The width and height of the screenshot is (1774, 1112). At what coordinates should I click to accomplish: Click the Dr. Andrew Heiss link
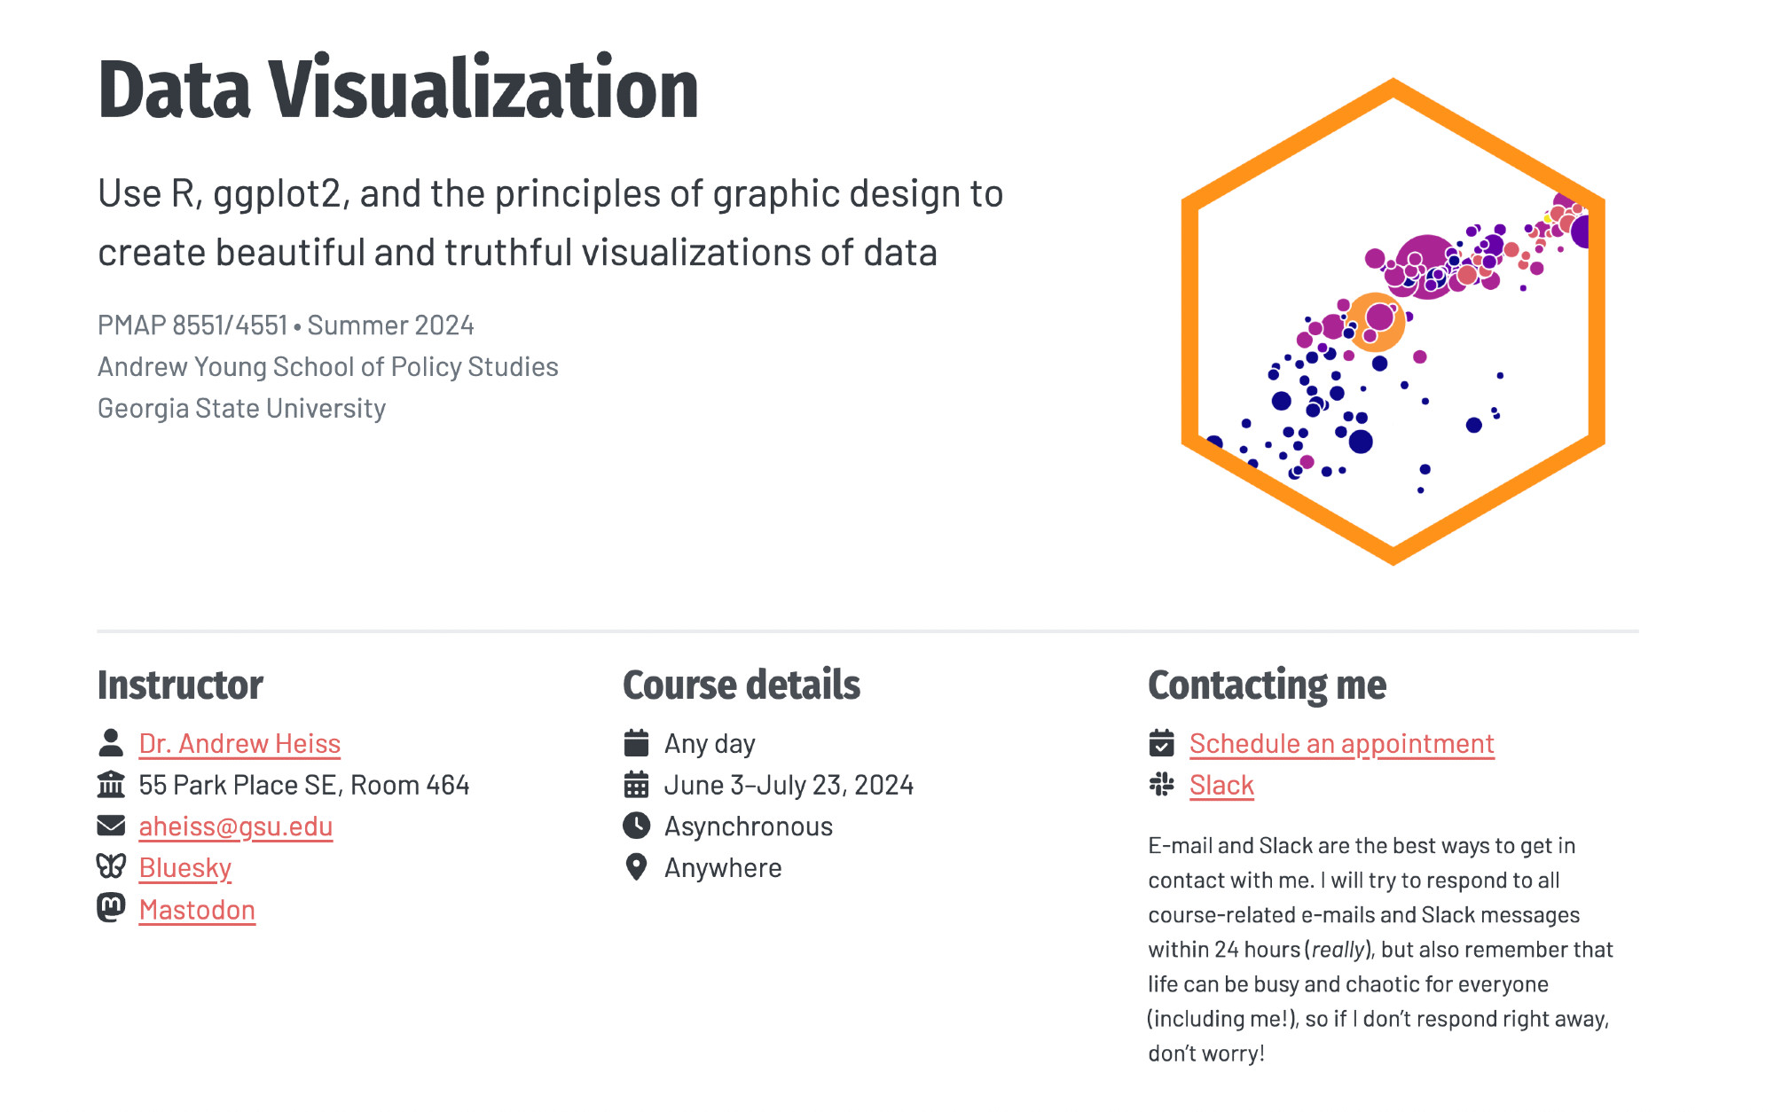(x=239, y=743)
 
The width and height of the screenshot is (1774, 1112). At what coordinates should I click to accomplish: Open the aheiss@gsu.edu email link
(x=236, y=826)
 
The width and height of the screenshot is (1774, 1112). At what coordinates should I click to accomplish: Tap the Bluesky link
(x=185, y=868)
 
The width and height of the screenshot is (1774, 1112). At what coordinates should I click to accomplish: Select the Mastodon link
(x=197, y=910)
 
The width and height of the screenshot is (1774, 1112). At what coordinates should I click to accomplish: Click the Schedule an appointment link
(x=1342, y=743)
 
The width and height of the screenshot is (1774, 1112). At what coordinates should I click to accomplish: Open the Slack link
(x=1221, y=785)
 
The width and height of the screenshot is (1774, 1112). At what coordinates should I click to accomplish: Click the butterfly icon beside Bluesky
(x=111, y=866)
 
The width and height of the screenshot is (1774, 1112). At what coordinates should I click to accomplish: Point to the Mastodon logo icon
(x=111, y=908)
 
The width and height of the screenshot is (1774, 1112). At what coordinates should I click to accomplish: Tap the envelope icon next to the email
(x=111, y=826)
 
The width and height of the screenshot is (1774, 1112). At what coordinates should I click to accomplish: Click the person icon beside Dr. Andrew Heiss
(x=111, y=742)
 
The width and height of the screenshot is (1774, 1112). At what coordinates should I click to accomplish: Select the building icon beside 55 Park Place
(x=111, y=784)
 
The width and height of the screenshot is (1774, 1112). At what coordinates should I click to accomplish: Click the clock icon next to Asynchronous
(x=636, y=826)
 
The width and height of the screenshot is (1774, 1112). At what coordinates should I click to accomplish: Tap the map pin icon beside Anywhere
(x=636, y=866)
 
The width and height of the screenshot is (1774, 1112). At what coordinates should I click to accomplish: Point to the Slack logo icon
(x=1161, y=784)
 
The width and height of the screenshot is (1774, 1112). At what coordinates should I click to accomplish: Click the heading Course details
(x=742, y=685)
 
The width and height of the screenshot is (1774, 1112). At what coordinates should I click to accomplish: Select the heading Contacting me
(x=1267, y=685)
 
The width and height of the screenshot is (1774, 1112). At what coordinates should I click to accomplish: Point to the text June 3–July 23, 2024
(x=789, y=785)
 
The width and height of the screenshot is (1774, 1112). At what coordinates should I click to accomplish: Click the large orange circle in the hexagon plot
(x=1375, y=322)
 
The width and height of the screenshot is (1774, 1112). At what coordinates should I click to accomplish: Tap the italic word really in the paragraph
(x=1338, y=950)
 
